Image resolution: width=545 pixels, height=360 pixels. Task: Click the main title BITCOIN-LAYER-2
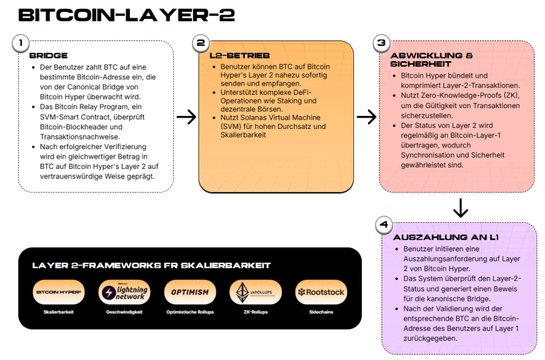126,15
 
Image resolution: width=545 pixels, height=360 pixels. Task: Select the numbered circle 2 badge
201,43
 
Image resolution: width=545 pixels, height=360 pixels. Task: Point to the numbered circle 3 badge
381,43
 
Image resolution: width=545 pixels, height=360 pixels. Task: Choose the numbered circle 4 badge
383,225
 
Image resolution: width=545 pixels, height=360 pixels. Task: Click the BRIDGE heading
48,55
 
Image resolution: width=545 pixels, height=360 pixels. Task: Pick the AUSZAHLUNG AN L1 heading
445,238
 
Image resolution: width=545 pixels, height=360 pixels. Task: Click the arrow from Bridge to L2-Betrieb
186,117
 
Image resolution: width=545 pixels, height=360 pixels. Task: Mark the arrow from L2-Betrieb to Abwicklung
366,117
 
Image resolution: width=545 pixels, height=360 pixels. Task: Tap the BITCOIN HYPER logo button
59,292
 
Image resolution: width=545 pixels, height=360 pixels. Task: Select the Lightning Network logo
124,292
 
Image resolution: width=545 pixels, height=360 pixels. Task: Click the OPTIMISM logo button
190,292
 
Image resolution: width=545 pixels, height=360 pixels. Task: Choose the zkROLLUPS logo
255,292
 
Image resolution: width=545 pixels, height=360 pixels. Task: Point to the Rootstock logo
321,292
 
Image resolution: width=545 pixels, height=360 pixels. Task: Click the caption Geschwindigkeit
124,312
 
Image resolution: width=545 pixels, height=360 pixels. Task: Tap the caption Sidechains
321,312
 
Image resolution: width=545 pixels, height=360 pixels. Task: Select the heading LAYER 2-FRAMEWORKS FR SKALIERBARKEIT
151,265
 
